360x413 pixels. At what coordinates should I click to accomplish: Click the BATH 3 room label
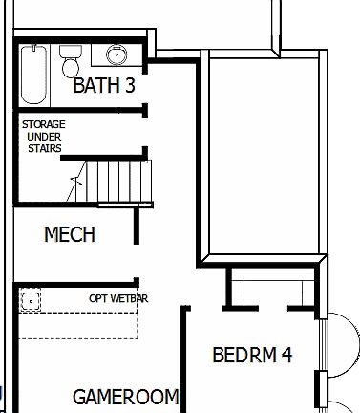coord(104,86)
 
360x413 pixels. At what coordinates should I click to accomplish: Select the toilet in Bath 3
coord(70,61)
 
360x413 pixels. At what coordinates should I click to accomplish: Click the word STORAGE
coord(44,123)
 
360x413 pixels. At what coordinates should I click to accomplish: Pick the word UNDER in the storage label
coord(44,136)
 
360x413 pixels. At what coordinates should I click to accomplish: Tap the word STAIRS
coord(44,148)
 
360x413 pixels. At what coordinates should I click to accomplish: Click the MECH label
coord(70,233)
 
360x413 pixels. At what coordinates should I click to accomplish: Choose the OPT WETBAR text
coord(118,298)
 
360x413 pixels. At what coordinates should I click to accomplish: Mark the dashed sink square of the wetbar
coord(32,300)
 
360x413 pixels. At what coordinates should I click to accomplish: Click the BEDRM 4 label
coord(251,356)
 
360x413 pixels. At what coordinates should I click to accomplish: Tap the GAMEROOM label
coord(125,396)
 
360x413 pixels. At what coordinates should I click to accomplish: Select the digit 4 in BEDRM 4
coord(286,356)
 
